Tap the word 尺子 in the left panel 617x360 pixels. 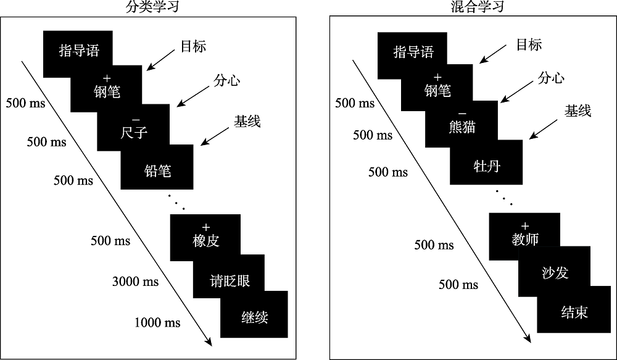(134, 132)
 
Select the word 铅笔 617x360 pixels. (157, 170)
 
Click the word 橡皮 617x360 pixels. (205, 241)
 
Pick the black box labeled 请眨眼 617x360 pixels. (230, 281)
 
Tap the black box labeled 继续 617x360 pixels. (255, 317)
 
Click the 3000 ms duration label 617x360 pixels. (135, 282)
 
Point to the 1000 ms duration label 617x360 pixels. (157, 322)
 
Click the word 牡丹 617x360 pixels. (486, 167)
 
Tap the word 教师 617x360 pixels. (525, 240)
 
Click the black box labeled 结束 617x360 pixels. (574, 312)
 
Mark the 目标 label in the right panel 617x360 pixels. (528, 44)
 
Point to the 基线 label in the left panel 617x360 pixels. (247, 121)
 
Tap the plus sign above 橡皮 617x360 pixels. (206, 227)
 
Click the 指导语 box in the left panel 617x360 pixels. (78, 51)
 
